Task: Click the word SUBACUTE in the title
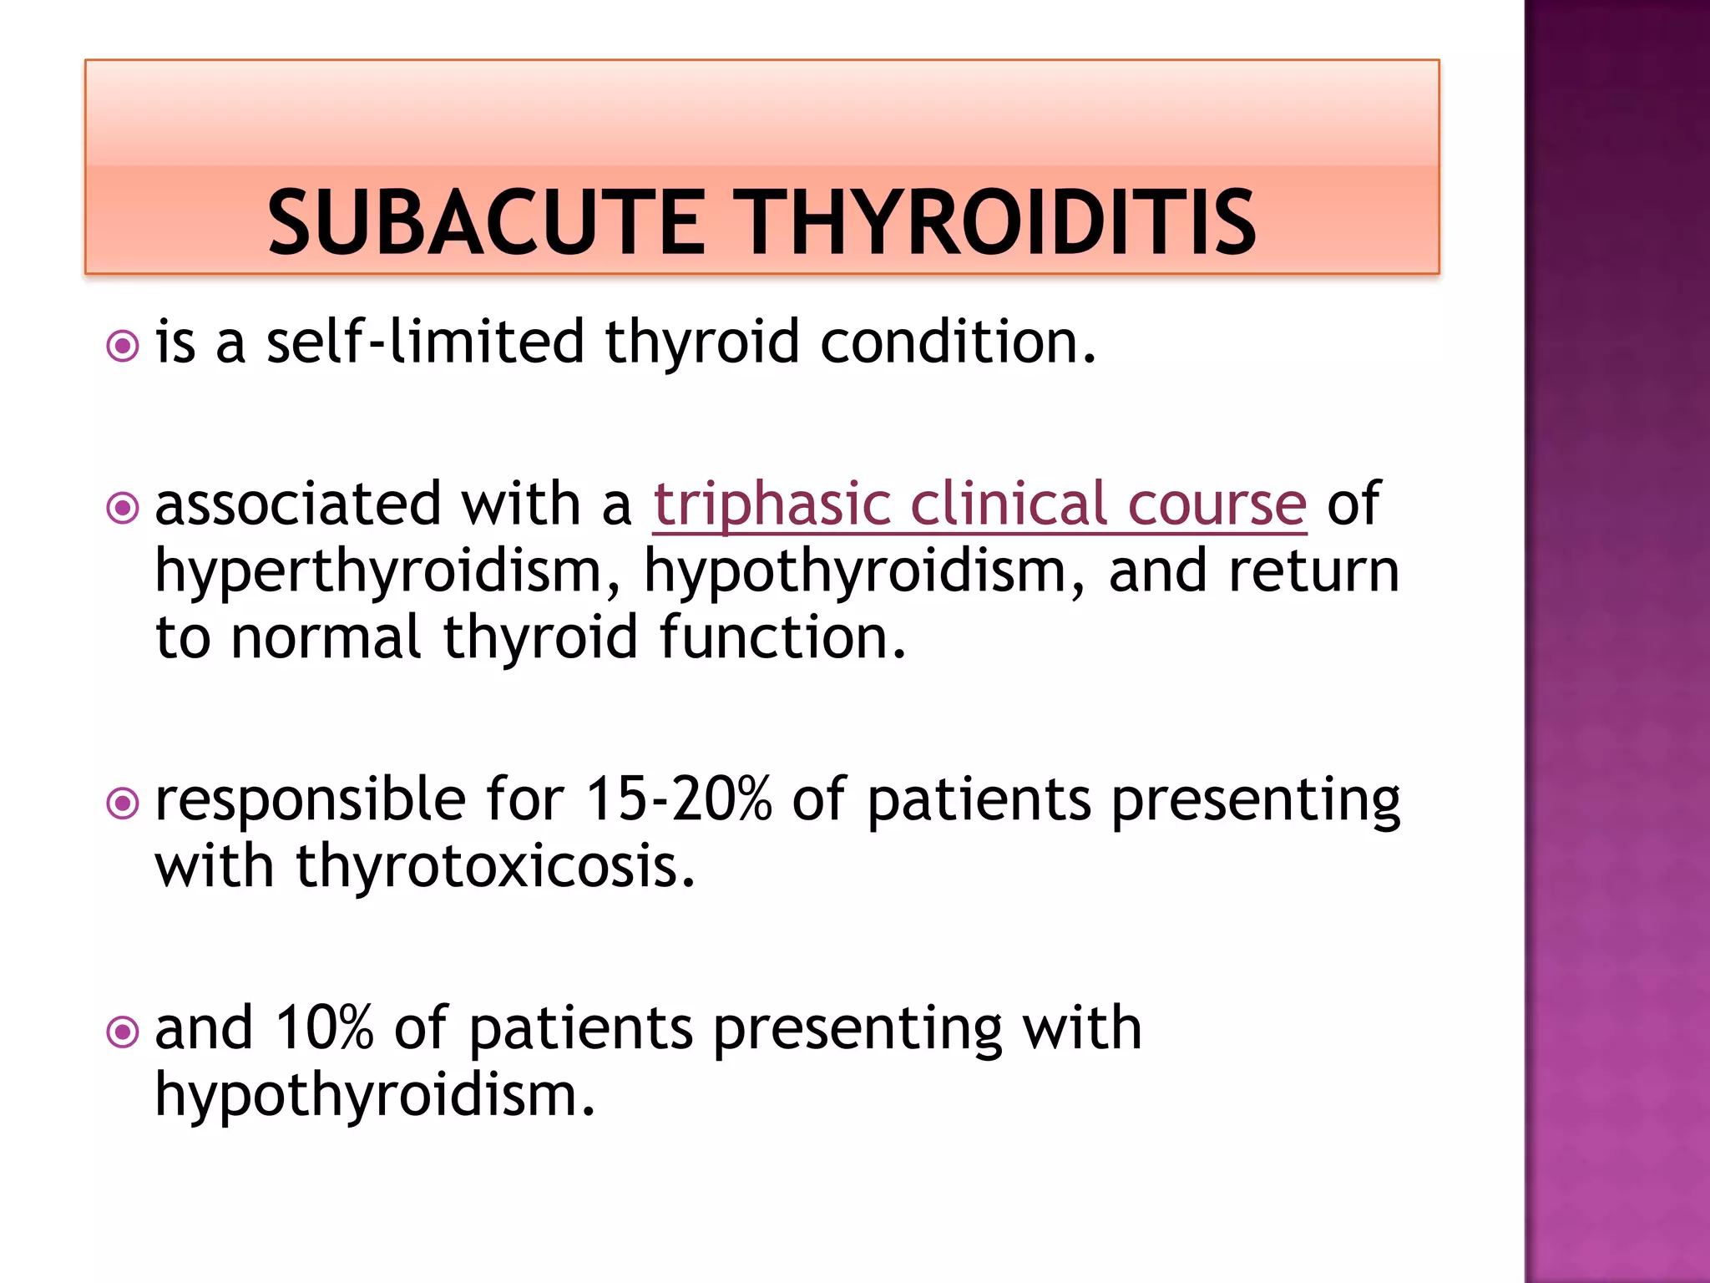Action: (486, 222)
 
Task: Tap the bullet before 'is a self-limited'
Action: (123, 345)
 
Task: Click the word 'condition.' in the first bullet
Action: (958, 342)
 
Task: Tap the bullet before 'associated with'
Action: (123, 507)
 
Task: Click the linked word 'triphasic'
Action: (772, 506)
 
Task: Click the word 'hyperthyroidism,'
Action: (388, 573)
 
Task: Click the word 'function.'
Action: (782, 638)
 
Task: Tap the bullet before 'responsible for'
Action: (123, 804)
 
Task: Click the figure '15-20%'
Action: (679, 800)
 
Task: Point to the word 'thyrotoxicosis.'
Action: (496, 867)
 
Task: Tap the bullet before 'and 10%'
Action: (123, 1032)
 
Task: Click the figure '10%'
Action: (324, 1029)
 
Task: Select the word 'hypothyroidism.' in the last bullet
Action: (375, 1096)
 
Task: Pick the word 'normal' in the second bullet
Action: (326, 638)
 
